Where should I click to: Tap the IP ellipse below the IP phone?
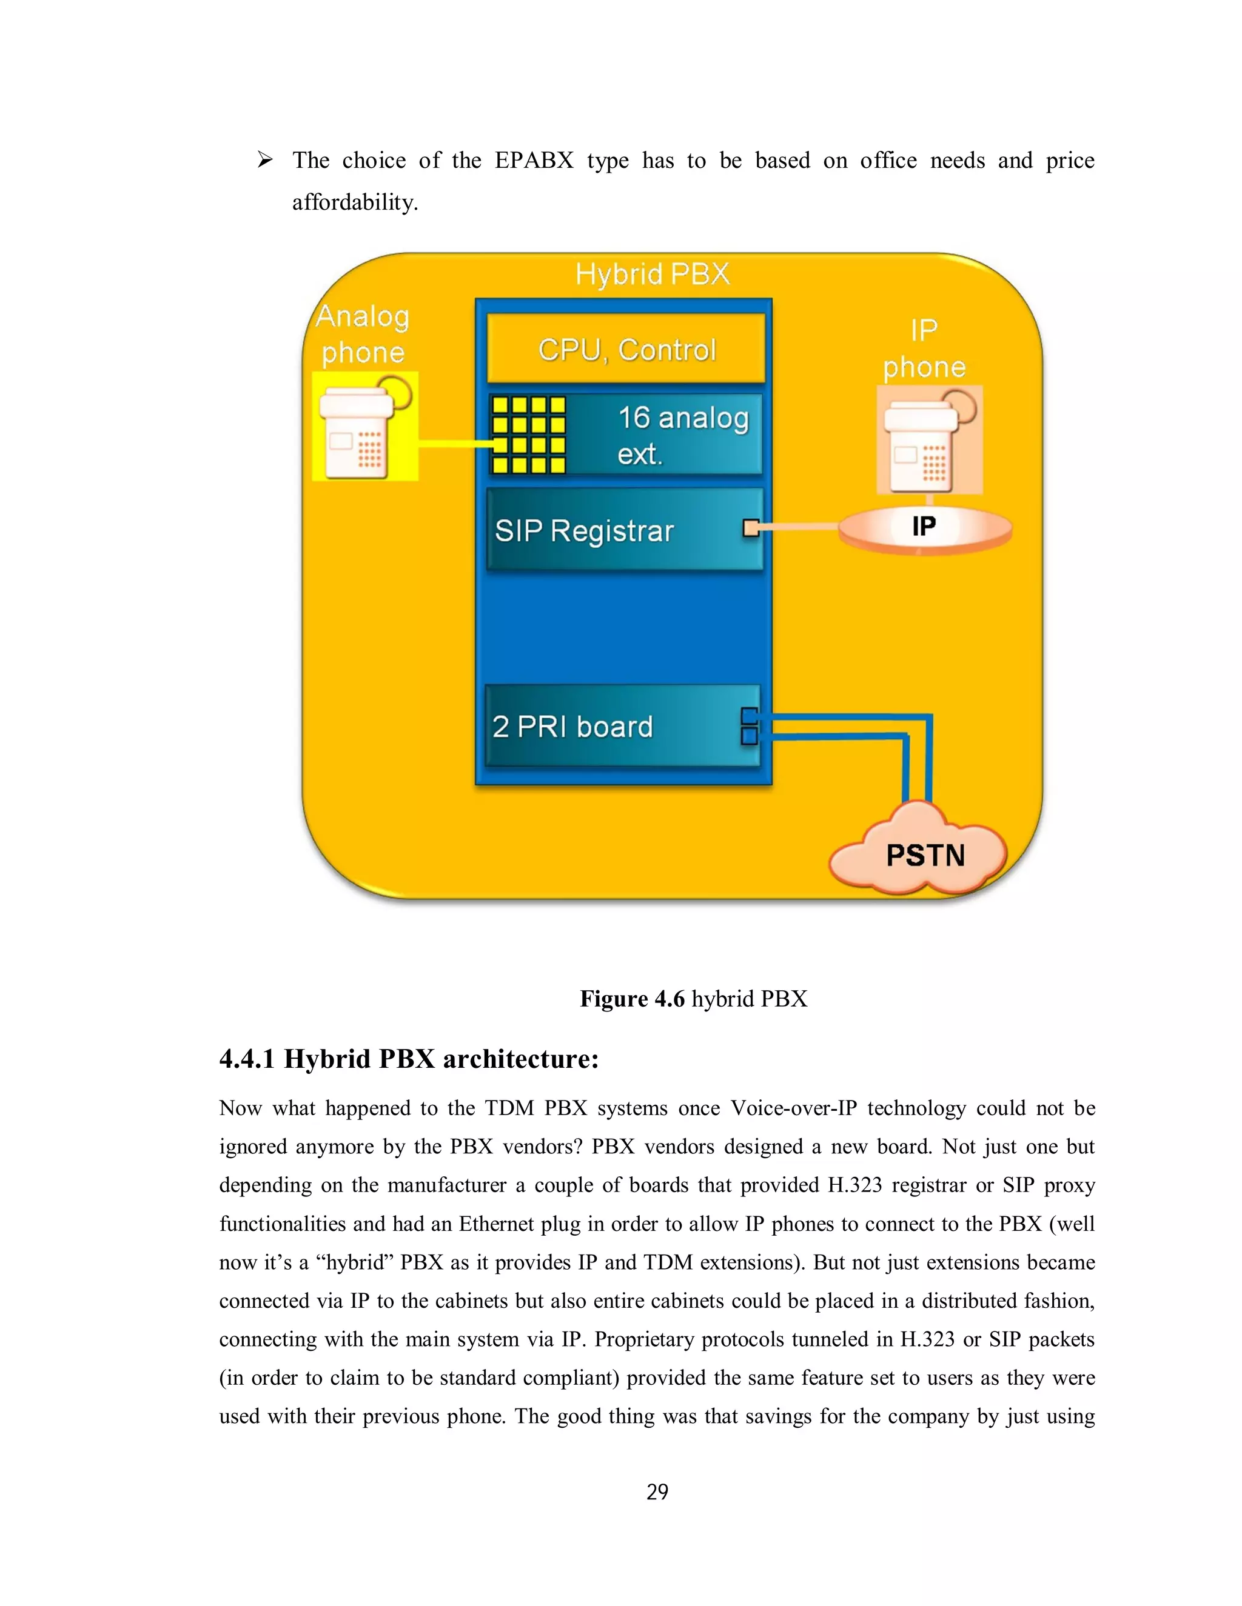[x=924, y=527]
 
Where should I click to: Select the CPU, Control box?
[x=626, y=349]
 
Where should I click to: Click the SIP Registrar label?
[x=583, y=530]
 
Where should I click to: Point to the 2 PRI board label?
[x=572, y=727]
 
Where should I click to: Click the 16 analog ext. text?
[x=682, y=435]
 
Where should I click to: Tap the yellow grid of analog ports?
[x=528, y=435]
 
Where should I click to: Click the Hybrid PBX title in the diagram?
[x=652, y=275]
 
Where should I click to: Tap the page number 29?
[x=657, y=1491]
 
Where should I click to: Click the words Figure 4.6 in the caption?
[x=632, y=998]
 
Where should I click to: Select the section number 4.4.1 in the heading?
[x=246, y=1059]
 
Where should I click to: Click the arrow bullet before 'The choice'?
[x=265, y=159]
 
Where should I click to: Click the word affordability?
[x=355, y=202]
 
